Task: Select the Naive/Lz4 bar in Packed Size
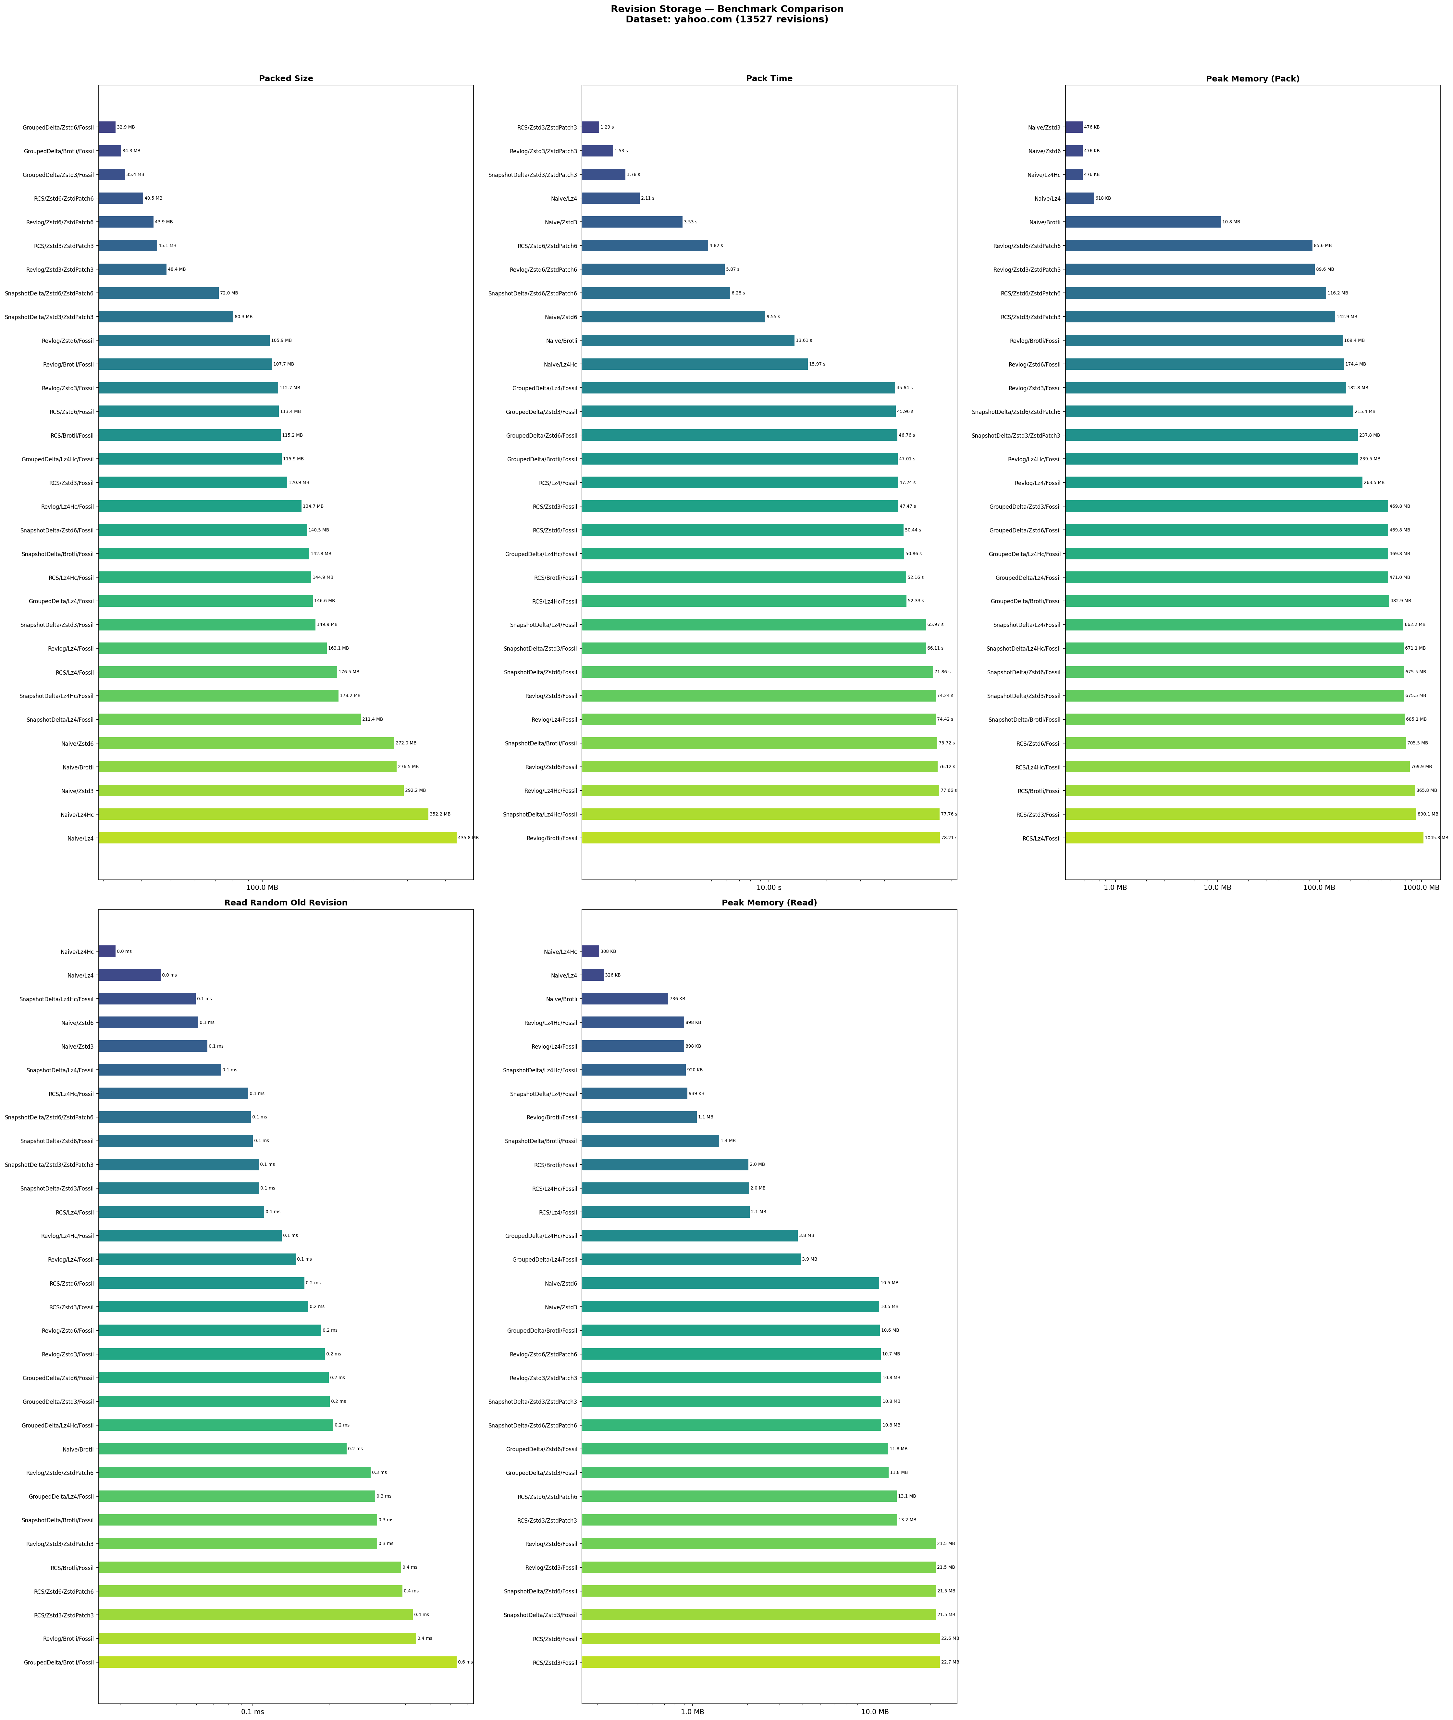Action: (x=277, y=838)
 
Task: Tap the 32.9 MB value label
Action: (x=126, y=128)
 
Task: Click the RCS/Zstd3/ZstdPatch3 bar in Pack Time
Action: (x=591, y=128)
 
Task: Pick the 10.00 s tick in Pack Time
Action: (x=769, y=887)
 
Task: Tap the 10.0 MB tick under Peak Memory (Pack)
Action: (x=1217, y=887)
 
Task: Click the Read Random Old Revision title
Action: (x=286, y=903)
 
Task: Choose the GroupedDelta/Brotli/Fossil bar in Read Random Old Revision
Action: (x=277, y=1662)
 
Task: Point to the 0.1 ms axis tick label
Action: (x=252, y=1712)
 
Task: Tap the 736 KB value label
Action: (x=677, y=998)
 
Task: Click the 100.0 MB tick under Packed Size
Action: (x=262, y=887)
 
